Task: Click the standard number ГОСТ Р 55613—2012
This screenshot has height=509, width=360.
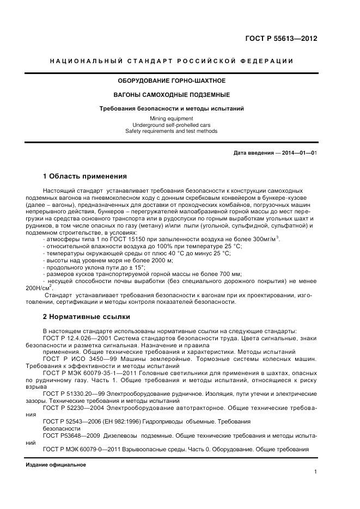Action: click(x=282, y=39)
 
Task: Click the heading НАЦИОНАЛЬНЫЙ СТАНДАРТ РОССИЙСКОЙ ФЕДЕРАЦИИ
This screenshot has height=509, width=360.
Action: click(x=172, y=61)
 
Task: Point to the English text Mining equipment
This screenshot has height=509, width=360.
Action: click(x=172, y=118)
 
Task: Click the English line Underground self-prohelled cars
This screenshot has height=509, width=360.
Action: click(x=172, y=125)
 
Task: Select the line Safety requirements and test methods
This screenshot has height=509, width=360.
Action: click(x=172, y=131)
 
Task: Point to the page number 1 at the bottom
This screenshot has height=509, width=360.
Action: click(x=315, y=473)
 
